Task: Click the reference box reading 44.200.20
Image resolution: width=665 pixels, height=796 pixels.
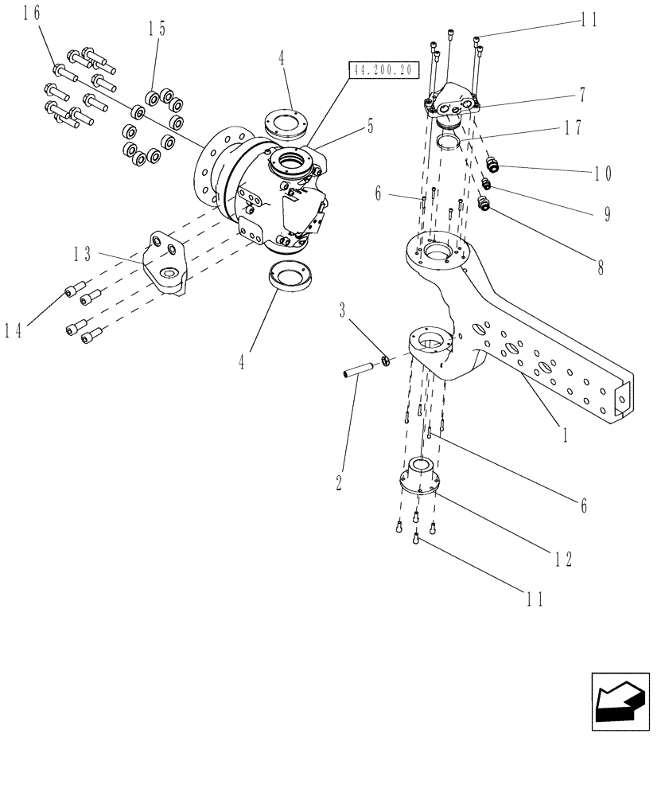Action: point(383,70)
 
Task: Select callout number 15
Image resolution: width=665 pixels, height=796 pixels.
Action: point(156,29)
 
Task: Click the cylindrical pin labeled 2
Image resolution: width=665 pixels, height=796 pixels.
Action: point(358,370)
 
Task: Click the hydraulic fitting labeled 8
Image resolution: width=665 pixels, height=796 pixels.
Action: point(484,207)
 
